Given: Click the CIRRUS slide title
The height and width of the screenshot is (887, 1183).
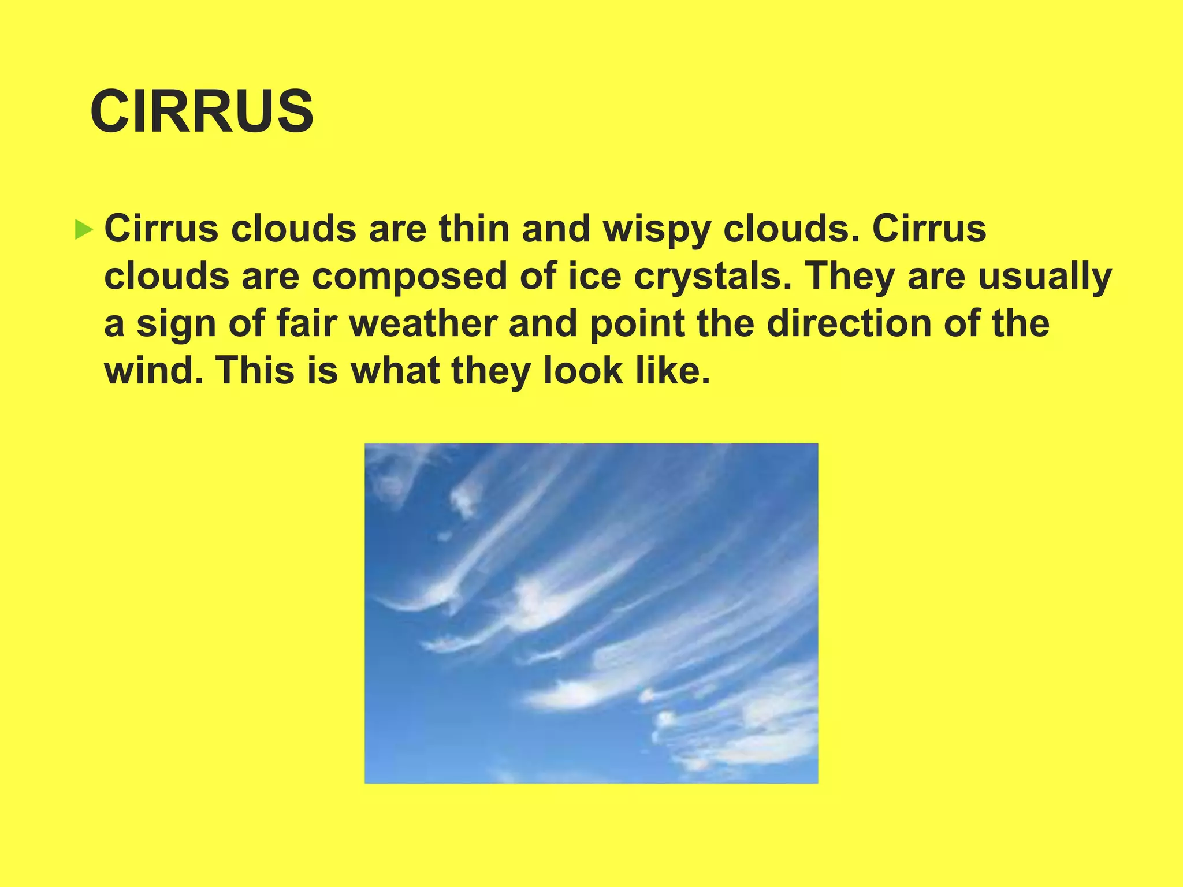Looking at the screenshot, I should (x=202, y=111).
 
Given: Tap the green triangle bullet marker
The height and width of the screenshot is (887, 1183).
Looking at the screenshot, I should (x=84, y=230).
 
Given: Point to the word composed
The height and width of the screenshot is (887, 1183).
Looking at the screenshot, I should (x=410, y=277).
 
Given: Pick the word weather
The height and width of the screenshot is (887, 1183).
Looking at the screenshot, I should (x=423, y=323).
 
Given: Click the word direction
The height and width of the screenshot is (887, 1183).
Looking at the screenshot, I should (x=849, y=323).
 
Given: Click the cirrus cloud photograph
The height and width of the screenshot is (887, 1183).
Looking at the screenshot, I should (x=591, y=613).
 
